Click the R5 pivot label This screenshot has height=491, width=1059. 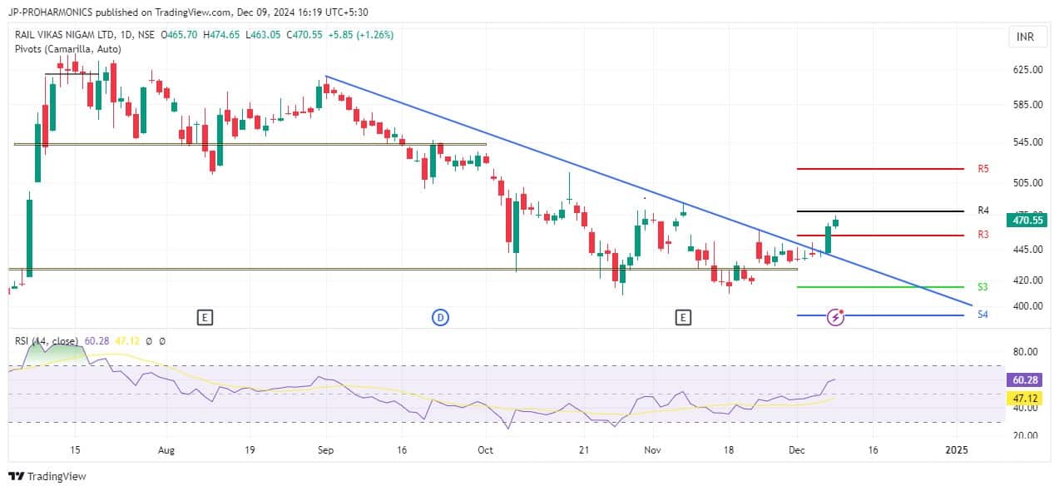pyautogui.click(x=983, y=169)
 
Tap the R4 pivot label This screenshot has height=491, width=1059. pyautogui.click(x=983, y=211)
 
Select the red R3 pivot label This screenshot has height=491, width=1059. pyautogui.click(x=983, y=235)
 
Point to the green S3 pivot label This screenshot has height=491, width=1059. pyautogui.click(x=982, y=287)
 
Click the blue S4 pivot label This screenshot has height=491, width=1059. pyautogui.click(x=982, y=315)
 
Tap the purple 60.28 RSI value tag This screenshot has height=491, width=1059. pyautogui.click(x=1024, y=379)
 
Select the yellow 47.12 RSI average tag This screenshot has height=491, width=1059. pyautogui.click(x=1024, y=399)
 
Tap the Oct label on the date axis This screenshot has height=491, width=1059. pyautogui.click(x=486, y=450)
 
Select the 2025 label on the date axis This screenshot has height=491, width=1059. pyautogui.click(x=958, y=450)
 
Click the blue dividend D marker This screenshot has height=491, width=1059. pyautogui.click(x=440, y=316)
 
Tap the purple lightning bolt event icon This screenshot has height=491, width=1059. pyautogui.click(x=837, y=316)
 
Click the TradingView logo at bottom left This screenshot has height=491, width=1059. pyautogui.click(x=47, y=476)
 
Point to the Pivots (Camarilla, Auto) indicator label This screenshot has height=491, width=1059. pyautogui.click(x=68, y=49)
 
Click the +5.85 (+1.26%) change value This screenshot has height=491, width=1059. pyautogui.click(x=361, y=35)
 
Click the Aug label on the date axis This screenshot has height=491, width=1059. pyautogui.click(x=166, y=450)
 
